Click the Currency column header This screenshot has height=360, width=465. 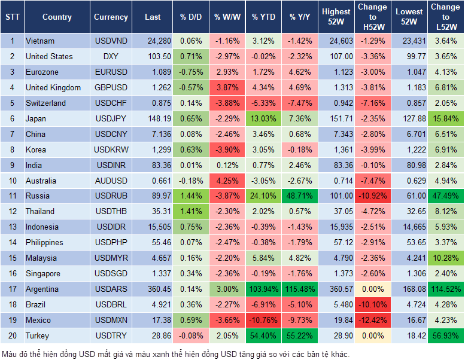[111, 17]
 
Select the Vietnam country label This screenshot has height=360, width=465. [40, 41]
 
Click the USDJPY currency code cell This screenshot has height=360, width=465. [111, 118]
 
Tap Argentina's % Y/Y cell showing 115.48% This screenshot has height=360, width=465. [300, 289]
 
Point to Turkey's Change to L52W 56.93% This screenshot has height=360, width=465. [445, 335]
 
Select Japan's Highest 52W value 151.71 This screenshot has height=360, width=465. [336, 118]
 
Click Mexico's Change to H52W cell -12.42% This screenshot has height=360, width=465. [372, 320]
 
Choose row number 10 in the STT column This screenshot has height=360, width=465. [11, 181]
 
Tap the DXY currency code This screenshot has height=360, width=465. [111, 56]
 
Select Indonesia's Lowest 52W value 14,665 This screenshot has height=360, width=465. [411, 227]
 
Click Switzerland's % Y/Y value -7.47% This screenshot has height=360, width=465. [300, 103]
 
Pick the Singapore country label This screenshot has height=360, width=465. [42, 273]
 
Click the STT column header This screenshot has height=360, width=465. [11, 17]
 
